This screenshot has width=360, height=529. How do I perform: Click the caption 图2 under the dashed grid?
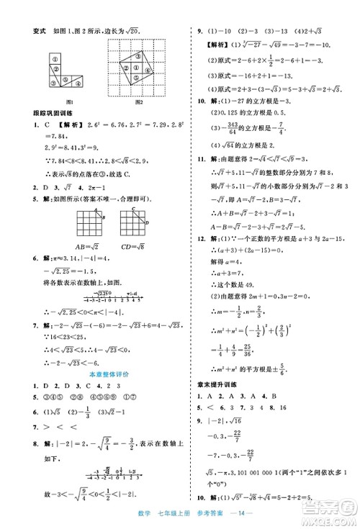coord(138,100)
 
